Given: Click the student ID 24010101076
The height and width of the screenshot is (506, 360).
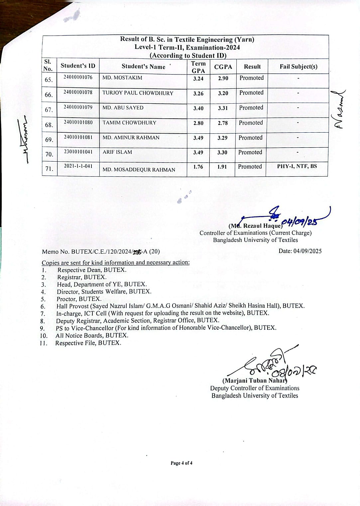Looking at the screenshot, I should pos(78,77).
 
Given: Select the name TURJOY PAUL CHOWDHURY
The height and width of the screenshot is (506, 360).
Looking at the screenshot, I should pos(138,93).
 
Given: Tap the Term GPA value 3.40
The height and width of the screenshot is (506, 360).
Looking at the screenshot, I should pos(198,108).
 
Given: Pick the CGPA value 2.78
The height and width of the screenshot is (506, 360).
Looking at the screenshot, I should pos(223,123).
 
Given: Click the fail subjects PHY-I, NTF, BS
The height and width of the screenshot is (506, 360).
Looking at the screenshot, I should pos(297,166).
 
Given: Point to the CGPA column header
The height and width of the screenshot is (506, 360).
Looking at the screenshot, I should pos(223,67).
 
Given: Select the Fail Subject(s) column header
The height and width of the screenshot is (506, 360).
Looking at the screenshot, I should pos(298,66).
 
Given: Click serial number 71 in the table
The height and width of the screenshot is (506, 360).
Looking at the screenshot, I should pos(49,169).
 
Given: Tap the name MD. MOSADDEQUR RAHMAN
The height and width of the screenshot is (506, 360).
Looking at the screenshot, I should pos(139,170).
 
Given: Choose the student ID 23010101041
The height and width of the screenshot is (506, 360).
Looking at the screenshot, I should pos(78,152).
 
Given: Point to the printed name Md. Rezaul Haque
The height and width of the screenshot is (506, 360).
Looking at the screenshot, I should pos(256,226).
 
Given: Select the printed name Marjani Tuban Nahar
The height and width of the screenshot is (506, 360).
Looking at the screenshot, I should pos(255,381).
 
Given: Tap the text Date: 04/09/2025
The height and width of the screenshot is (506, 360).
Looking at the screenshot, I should pos(300,251).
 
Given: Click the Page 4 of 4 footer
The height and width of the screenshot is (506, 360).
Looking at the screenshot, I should pos(181,463).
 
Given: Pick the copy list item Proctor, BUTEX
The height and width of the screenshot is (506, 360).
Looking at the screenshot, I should pos(79,299).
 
